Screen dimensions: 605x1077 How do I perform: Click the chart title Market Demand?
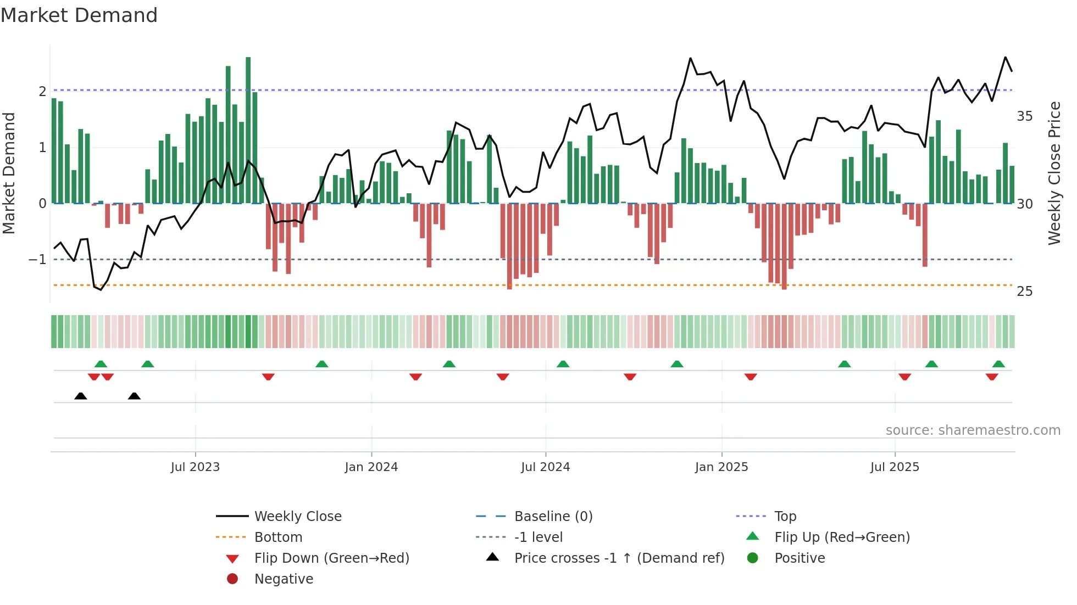(79, 15)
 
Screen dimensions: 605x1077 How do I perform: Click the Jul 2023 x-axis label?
(195, 467)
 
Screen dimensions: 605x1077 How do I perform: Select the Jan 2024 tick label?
(371, 467)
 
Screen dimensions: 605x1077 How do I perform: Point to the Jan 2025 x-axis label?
(721, 467)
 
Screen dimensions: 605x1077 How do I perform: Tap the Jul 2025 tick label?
(895, 467)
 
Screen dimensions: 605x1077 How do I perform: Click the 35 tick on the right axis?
(1024, 116)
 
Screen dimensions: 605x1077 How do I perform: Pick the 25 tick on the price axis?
(1024, 292)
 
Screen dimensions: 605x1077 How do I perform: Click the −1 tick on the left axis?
(38, 259)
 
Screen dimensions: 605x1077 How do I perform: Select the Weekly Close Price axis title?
(1054, 173)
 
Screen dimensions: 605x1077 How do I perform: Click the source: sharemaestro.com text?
(973, 430)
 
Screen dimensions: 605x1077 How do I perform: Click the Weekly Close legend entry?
(297, 517)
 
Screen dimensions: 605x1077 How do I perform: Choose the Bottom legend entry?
(278, 537)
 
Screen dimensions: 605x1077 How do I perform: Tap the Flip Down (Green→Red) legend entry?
(331, 558)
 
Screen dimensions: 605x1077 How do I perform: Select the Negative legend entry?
(284, 579)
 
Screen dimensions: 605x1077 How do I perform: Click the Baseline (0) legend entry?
(553, 517)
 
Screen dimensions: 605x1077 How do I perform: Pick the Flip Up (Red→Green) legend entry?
(842, 537)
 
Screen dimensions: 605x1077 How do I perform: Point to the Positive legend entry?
(800, 558)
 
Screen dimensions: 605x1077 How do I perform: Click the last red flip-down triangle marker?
(992, 377)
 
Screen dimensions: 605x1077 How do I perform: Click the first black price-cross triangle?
(81, 396)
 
